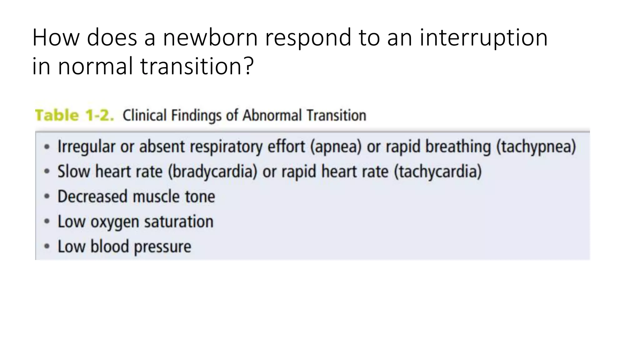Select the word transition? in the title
point(197,66)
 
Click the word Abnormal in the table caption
point(272,115)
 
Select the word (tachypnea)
point(536,147)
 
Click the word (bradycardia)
point(212,172)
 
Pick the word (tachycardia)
point(437,172)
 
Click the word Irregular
point(86,147)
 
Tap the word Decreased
point(92,197)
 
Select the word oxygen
point(115,222)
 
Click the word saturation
point(179,222)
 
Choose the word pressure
point(162,247)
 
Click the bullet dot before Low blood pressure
point(47,247)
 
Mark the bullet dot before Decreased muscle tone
point(47,197)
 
